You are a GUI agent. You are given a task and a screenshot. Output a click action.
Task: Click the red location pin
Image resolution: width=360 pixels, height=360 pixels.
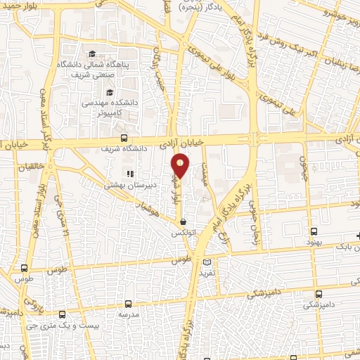point(181,166)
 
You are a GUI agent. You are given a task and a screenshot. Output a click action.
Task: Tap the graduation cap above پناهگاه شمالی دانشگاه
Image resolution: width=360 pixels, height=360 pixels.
point(92,55)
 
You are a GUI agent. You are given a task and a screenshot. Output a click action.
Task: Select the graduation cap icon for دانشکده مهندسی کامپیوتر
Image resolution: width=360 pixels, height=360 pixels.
point(109,92)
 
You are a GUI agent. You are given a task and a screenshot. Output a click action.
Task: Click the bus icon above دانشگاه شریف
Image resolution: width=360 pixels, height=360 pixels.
point(124,138)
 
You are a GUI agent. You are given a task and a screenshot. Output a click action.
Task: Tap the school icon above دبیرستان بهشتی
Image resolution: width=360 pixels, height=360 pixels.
point(129,174)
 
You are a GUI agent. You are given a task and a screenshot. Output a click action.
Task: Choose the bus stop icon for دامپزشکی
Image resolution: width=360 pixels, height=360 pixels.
point(319,294)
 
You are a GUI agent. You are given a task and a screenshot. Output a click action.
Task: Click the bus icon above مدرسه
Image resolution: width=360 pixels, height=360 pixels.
point(128,303)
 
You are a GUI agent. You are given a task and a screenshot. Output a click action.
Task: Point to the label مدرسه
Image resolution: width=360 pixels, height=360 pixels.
point(129,314)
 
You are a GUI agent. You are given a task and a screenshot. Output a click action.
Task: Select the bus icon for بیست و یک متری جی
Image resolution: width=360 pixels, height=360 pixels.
point(63,314)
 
